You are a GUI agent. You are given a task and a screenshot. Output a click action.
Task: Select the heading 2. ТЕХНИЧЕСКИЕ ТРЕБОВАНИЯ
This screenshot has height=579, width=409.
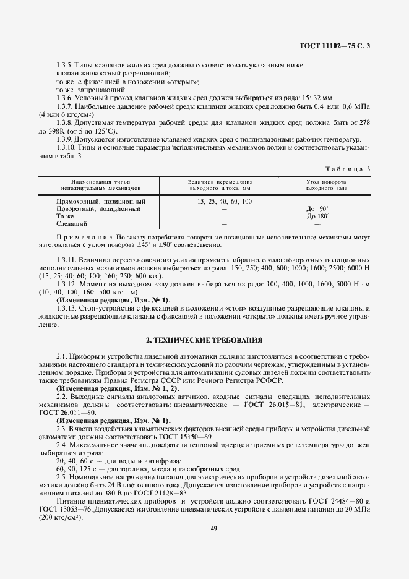click(x=204, y=340)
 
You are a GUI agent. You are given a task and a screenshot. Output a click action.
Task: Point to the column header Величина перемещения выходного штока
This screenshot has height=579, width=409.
click(x=220, y=184)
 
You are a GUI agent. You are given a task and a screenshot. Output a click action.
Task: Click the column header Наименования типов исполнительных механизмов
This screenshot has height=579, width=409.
click(x=101, y=184)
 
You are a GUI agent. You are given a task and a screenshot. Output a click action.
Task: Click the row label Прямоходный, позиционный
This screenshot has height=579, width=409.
click(x=101, y=202)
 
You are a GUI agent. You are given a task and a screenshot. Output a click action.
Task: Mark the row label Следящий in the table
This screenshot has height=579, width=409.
click(x=71, y=224)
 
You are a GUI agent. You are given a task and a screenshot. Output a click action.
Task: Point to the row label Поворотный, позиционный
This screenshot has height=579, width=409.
click(x=98, y=209)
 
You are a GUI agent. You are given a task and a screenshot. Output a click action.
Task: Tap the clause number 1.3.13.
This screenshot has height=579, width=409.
click(x=67, y=307)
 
